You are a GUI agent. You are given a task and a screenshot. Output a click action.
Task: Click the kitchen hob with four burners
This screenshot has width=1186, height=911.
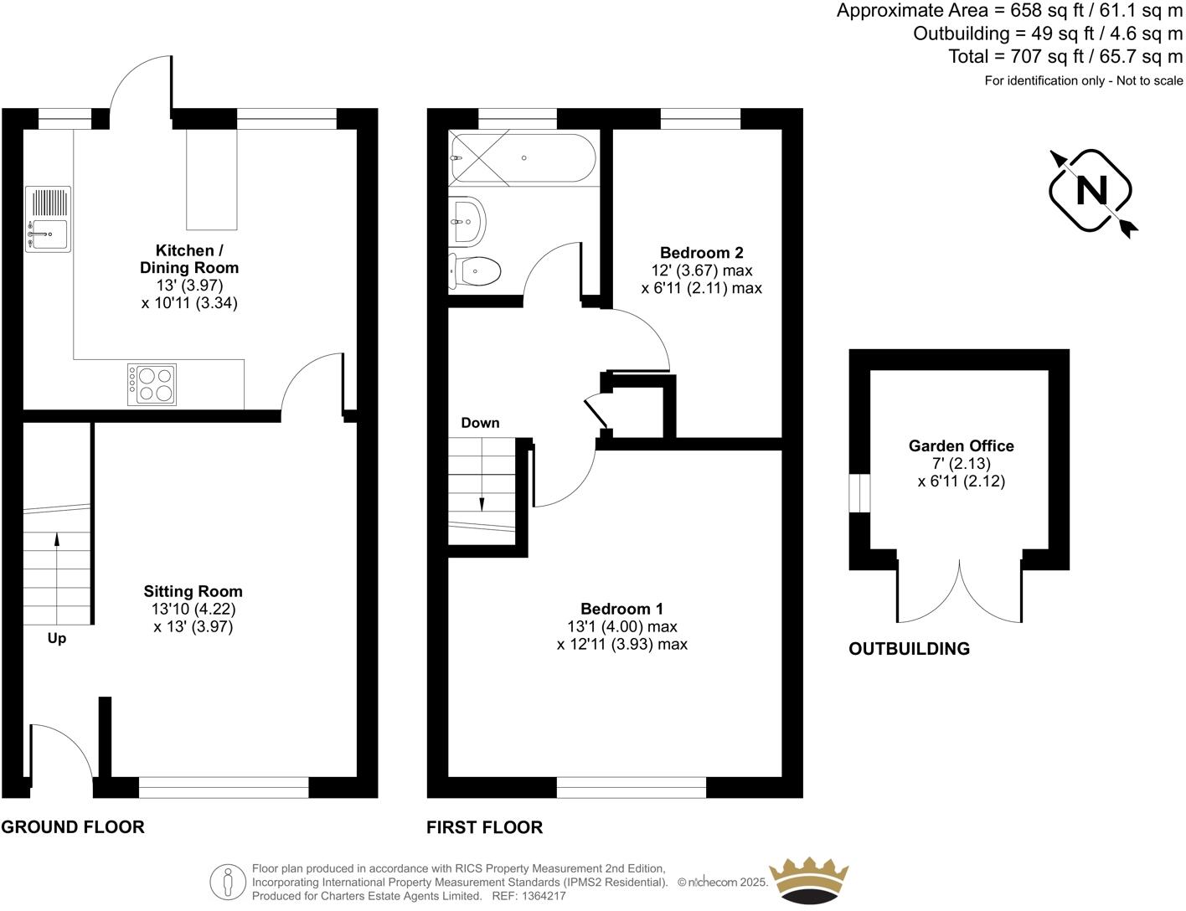pyautogui.click(x=152, y=384)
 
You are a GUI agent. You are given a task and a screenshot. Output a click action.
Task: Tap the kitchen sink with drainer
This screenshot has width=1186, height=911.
pyautogui.click(x=48, y=219)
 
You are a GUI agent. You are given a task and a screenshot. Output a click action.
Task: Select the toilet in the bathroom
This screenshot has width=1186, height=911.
pyautogui.click(x=475, y=271)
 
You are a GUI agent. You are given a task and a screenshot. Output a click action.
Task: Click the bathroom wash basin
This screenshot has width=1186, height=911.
pyautogui.click(x=467, y=220)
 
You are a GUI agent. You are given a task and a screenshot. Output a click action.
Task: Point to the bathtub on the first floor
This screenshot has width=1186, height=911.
pyautogui.click(x=523, y=158)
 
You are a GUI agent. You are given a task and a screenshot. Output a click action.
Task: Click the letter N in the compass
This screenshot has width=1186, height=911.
pyautogui.click(x=1091, y=191)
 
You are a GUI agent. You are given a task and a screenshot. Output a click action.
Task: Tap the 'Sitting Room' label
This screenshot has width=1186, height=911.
pyautogui.click(x=193, y=591)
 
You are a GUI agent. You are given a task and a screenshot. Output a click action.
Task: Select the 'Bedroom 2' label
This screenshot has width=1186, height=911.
pyautogui.click(x=701, y=253)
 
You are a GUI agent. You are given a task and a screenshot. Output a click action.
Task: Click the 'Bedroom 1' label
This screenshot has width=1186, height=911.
pyautogui.click(x=621, y=609)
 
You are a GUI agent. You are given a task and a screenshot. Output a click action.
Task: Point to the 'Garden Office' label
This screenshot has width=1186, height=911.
pyautogui.click(x=961, y=446)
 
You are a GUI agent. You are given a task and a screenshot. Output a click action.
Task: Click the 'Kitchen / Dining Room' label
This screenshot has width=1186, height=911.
pyautogui.click(x=189, y=259)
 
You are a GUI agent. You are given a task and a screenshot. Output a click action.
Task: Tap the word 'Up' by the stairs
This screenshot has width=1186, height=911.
pyautogui.click(x=56, y=638)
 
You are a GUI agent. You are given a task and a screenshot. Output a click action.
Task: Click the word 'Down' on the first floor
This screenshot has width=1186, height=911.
pyautogui.click(x=480, y=423)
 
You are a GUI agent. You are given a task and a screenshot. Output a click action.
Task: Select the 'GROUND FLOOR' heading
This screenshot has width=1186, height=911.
pyautogui.click(x=73, y=827)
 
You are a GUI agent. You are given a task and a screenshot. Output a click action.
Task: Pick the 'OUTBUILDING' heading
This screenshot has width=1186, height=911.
pyautogui.click(x=909, y=649)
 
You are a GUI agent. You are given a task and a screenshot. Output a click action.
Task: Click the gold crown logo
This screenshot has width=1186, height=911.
pyautogui.click(x=808, y=879)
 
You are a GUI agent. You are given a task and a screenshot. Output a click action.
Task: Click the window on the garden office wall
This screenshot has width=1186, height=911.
pyautogui.click(x=859, y=492)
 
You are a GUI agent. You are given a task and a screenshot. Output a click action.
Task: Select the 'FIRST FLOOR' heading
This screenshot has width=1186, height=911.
pyautogui.click(x=484, y=827)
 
